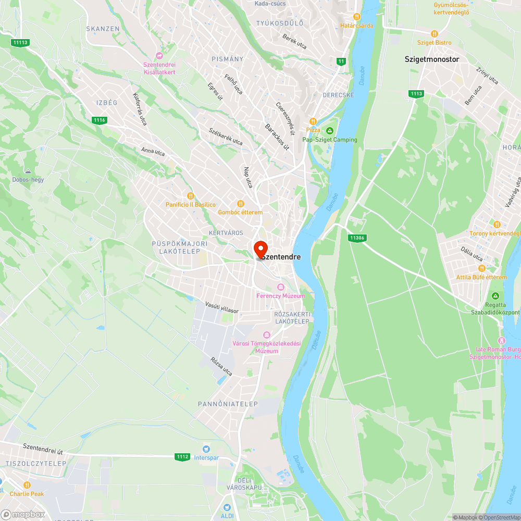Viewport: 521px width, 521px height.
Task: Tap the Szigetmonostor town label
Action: pyautogui.click(x=432, y=59)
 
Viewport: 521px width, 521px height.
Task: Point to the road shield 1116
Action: pyautogui.click(x=100, y=120)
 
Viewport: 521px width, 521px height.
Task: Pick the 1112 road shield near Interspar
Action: pyautogui.click(x=182, y=457)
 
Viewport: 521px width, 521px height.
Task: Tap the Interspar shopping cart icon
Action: pyautogui.click(x=207, y=449)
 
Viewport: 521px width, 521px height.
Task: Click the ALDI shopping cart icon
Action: pyautogui.click(x=227, y=507)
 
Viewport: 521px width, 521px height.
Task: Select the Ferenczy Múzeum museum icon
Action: pyautogui.click(x=280, y=287)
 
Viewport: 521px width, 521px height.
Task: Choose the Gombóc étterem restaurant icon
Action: pyautogui.click(x=240, y=204)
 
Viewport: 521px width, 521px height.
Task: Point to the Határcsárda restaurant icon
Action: pyautogui.click(x=357, y=17)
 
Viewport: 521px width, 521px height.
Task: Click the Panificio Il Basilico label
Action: pyautogui.click(x=191, y=205)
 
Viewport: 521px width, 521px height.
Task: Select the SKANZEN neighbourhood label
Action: pyautogui.click(x=103, y=29)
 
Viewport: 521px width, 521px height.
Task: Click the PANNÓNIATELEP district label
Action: pyautogui.click(x=228, y=404)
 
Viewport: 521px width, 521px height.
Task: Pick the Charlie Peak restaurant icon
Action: pyautogui.click(x=27, y=485)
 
